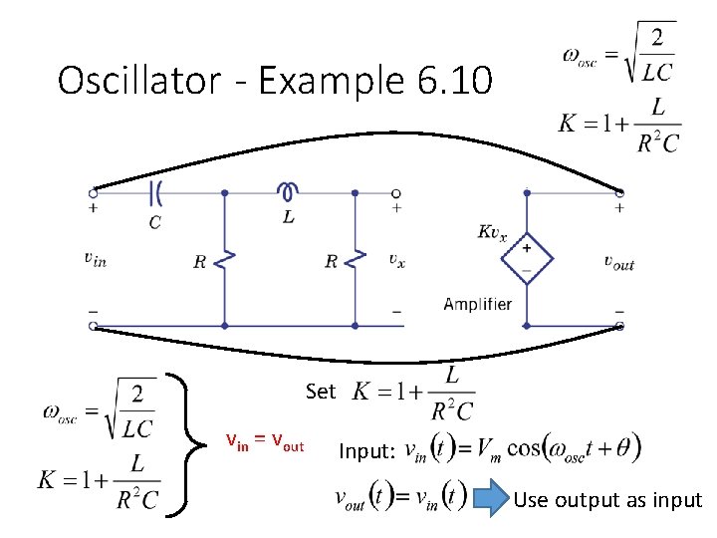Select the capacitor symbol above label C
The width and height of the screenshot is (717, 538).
[x=155, y=192]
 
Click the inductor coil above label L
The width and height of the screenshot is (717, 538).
[x=288, y=190]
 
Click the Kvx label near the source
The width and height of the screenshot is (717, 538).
[x=492, y=232]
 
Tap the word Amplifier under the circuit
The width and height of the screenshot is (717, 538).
[x=478, y=304]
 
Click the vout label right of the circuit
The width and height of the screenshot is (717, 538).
[x=618, y=262]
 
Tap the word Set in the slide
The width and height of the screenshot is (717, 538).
[x=321, y=392]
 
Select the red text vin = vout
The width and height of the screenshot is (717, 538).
[x=265, y=442]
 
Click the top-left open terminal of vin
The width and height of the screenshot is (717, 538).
[x=93, y=192]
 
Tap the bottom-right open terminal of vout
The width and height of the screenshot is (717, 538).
[x=619, y=326]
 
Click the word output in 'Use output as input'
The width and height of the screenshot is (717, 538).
[x=588, y=499]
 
